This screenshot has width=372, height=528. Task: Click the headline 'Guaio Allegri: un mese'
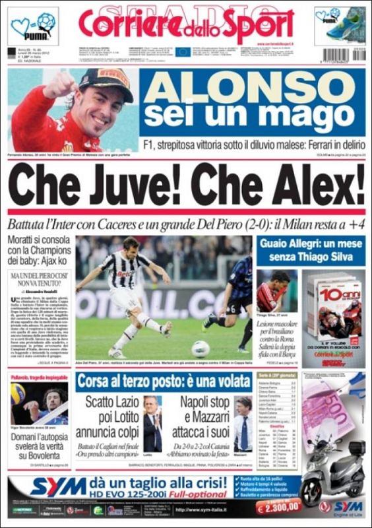[x=309, y=244]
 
